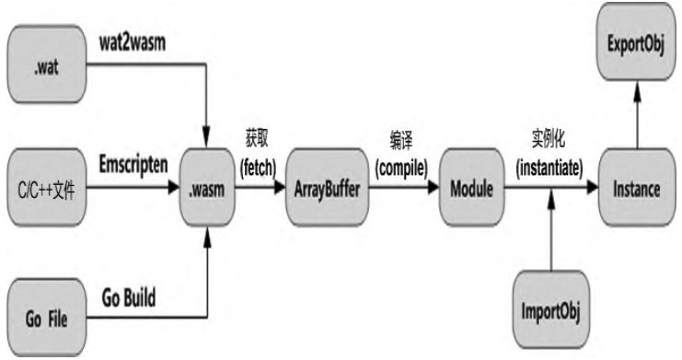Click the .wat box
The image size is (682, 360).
(x=43, y=64)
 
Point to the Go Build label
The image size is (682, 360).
(x=128, y=299)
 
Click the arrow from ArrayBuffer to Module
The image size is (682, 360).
(x=400, y=186)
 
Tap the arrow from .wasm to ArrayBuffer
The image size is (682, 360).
(x=262, y=186)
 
